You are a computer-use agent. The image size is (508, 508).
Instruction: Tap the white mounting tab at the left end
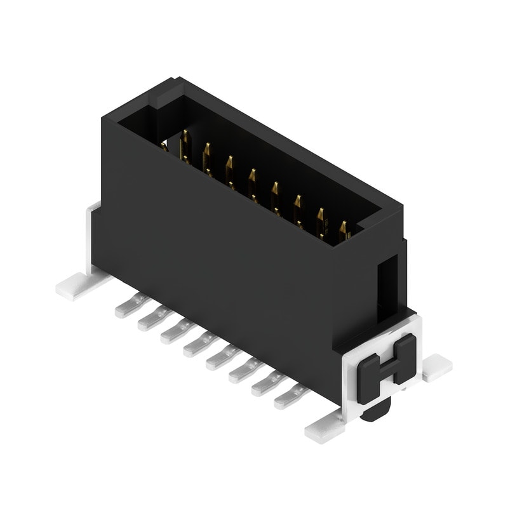tap(75, 287)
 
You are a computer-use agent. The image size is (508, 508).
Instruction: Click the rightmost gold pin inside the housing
tap(344, 231)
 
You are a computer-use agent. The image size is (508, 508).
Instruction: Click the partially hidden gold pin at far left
tap(164, 147)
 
